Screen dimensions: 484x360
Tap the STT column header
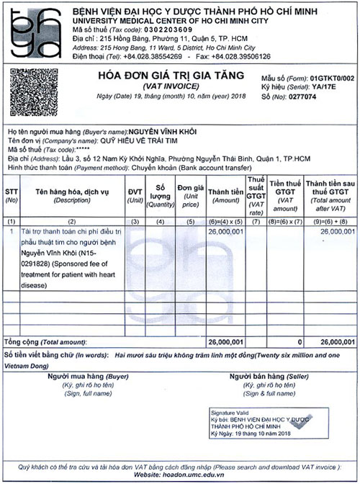[12, 194]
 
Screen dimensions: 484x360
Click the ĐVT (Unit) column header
[135, 194]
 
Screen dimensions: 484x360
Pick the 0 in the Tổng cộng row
[300, 341]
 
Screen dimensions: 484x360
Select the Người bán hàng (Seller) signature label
[263, 377]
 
